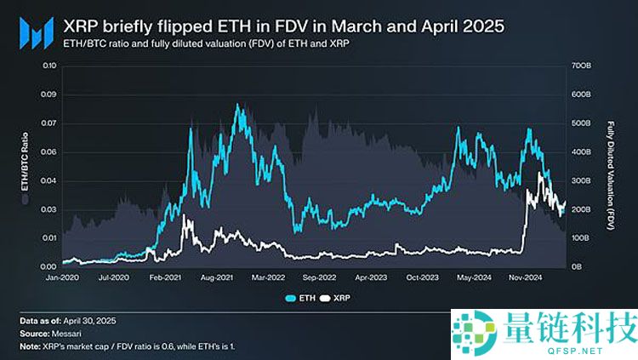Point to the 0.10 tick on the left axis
click(48, 66)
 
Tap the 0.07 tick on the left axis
click(48, 124)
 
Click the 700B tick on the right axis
click(581, 66)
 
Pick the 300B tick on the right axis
click(581, 181)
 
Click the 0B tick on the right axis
click(576, 267)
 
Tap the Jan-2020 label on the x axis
click(62, 277)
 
